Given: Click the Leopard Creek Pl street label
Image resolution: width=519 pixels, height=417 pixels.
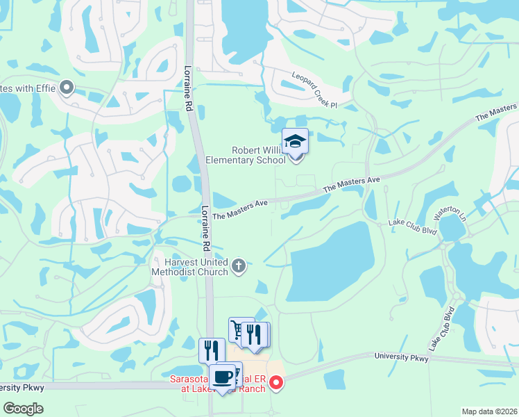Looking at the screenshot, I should click(314, 91).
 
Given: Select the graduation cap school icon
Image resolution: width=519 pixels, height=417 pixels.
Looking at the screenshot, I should click(296, 141).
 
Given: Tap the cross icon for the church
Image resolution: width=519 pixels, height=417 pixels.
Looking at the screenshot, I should click(239, 265).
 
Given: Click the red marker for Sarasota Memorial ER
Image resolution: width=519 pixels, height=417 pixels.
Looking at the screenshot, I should click(276, 382).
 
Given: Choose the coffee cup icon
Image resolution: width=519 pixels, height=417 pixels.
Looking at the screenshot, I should click(223, 377).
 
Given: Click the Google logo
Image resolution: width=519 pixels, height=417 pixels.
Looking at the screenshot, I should click(23, 409).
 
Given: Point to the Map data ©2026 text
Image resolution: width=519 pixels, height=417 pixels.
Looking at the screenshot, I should click(490, 411).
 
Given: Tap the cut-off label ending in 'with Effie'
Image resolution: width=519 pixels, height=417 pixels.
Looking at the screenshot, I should click(28, 88).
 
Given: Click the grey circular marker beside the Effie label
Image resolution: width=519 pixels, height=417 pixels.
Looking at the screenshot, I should click(67, 88).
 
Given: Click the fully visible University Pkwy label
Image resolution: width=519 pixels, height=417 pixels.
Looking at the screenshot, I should click(402, 357).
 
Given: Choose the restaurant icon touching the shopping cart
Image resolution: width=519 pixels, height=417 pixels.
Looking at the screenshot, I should click(255, 335).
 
